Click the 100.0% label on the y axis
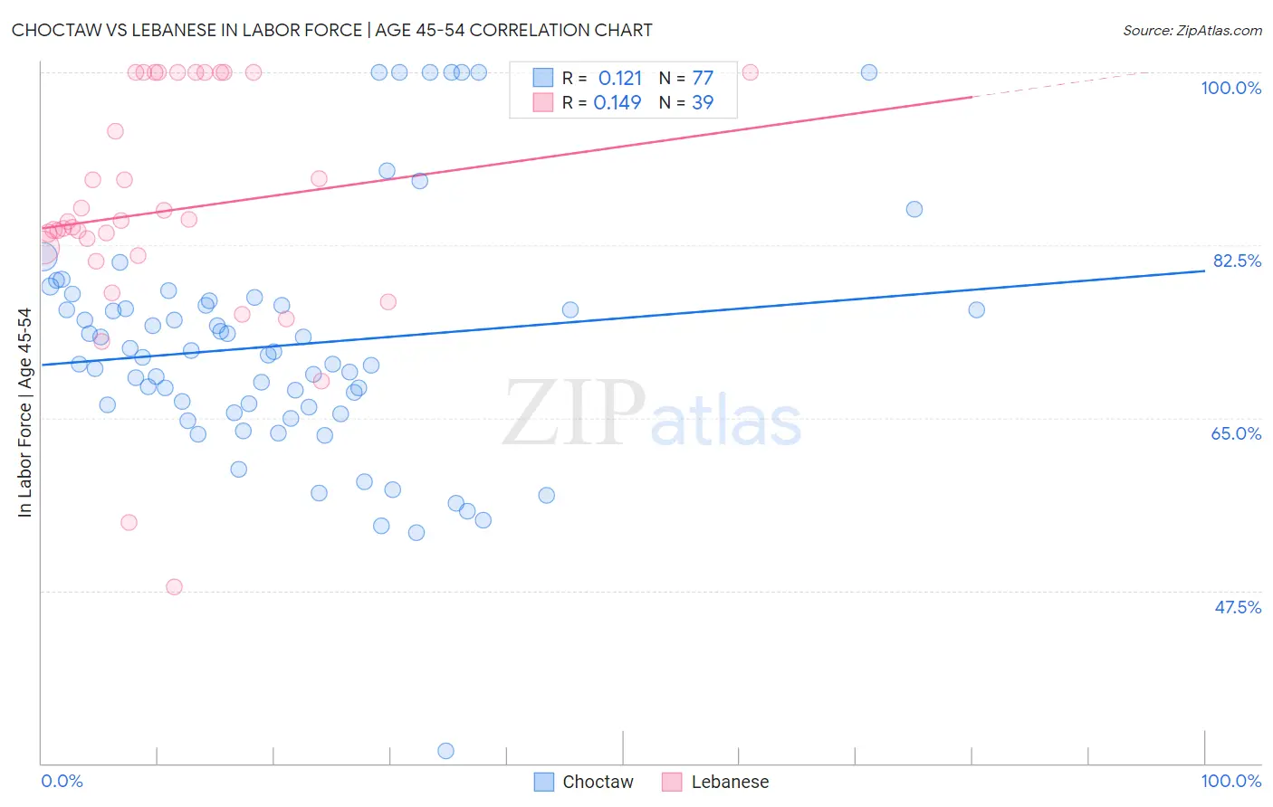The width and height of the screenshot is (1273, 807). [x=1230, y=88]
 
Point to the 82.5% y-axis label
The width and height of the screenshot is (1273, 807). [x=1237, y=261]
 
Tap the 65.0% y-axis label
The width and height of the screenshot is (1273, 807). [x=1236, y=433]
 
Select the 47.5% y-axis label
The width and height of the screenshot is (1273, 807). [x=1237, y=607]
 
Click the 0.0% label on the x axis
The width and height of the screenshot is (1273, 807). [x=62, y=781]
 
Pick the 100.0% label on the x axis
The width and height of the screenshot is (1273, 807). [x=1230, y=781]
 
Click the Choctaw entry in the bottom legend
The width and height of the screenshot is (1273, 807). [x=598, y=782]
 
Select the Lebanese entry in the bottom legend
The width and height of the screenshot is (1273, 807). [x=730, y=782]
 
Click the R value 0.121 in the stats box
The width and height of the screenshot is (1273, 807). [x=619, y=79]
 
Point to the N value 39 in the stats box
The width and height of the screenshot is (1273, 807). [x=703, y=103]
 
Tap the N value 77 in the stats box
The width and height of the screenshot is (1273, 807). [x=703, y=79]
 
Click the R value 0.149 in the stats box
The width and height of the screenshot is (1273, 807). [x=617, y=103]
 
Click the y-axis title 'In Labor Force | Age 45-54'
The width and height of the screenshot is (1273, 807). [x=24, y=413]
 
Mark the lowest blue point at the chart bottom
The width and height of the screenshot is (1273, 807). [x=445, y=751]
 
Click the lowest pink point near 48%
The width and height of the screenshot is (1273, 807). [x=175, y=587]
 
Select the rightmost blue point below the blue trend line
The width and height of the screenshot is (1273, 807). [x=976, y=310]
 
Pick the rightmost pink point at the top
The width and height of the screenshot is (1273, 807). [x=750, y=72]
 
